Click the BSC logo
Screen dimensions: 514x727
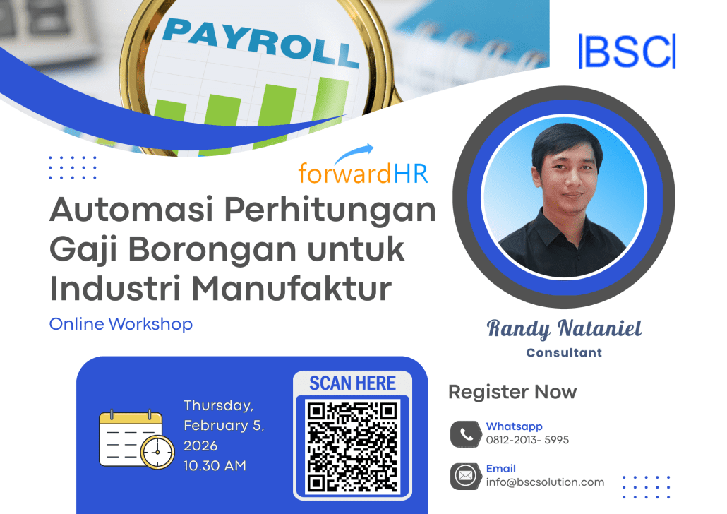(627, 51)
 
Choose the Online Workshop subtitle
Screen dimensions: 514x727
(121, 324)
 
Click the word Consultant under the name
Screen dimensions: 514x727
(564, 352)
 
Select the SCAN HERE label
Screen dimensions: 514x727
(352, 383)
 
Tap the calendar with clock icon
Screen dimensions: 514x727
(136, 439)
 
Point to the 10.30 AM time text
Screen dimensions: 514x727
(215, 466)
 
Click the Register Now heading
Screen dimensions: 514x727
(512, 392)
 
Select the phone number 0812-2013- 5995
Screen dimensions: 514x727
(527, 440)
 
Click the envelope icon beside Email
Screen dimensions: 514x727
(465, 477)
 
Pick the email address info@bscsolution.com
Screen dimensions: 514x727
(545, 482)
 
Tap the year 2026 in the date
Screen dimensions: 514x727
(200, 446)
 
